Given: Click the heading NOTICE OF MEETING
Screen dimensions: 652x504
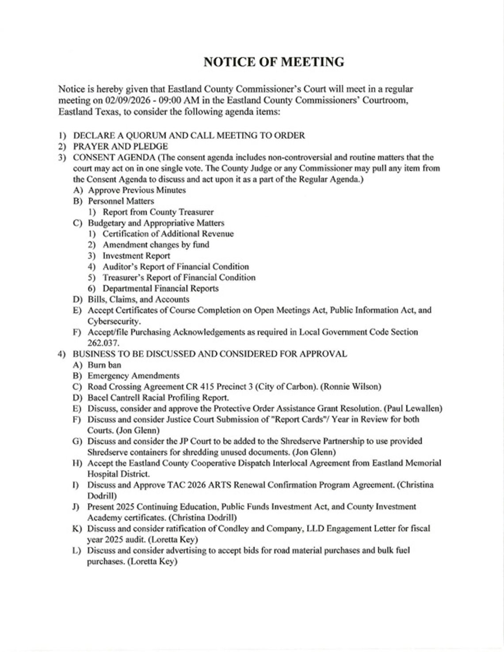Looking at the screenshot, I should [274, 62].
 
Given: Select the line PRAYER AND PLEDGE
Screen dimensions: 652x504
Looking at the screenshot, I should [120, 146].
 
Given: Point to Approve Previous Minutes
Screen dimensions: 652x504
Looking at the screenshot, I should [137, 190].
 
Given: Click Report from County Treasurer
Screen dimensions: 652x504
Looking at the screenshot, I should [158, 212].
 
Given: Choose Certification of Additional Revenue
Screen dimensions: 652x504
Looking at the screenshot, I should [168, 234].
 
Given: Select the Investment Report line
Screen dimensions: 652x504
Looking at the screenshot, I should [136, 255].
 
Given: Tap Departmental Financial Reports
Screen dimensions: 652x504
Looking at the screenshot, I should [160, 288].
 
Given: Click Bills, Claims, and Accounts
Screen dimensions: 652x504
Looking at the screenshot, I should [138, 299].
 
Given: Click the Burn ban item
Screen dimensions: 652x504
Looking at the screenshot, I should [104, 365].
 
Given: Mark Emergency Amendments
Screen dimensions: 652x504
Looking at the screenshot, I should [134, 376].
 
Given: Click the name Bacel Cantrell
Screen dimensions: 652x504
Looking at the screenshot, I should [116, 397].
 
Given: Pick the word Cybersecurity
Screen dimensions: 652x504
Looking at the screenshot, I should [113, 321].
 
